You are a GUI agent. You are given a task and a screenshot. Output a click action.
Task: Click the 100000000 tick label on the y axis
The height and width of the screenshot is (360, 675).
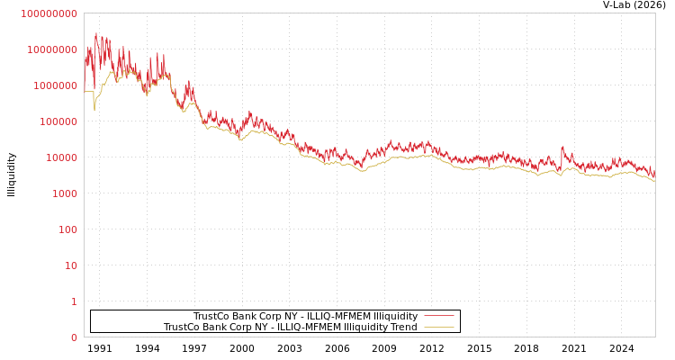point(49,13)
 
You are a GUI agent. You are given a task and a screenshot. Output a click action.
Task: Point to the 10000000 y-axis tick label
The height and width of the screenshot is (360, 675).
point(52,49)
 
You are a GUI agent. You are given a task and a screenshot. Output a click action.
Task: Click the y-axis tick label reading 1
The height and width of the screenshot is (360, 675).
point(74,301)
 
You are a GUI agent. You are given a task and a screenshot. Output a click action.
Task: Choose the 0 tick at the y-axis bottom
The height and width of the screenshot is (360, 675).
point(74,337)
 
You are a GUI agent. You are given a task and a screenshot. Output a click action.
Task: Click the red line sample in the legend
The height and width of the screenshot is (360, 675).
point(438,316)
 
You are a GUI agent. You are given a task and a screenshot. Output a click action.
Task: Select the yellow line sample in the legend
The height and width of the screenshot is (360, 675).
point(438,327)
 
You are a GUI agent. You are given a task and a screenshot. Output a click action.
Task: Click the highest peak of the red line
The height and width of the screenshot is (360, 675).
point(96,33)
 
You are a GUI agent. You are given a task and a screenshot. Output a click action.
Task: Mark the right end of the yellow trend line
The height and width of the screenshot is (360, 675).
point(654,180)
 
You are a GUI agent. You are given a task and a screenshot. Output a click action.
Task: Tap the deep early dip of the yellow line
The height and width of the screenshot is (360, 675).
point(94,110)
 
